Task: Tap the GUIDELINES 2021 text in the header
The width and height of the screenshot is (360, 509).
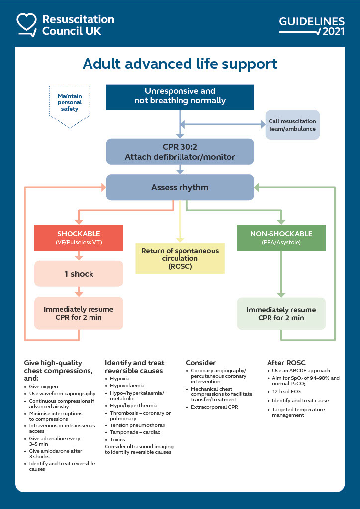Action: (x=312, y=26)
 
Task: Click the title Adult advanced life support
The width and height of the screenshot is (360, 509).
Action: (x=180, y=64)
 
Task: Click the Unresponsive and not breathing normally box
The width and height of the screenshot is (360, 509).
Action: (x=180, y=96)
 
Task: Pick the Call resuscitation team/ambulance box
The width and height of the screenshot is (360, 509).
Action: (x=292, y=125)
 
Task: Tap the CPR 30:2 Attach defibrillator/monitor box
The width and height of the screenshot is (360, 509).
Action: (x=180, y=151)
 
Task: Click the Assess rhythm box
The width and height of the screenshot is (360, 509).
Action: (x=180, y=188)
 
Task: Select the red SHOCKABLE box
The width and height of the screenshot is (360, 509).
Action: (x=79, y=237)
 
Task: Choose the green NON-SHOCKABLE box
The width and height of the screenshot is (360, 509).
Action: (x=281, y=237)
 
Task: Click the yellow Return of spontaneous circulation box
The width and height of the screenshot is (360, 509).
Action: (x=180, y=258)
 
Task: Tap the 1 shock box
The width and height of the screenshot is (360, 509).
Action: (x=79, y=274)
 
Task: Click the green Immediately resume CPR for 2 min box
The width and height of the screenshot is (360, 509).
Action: (x=281, y=314)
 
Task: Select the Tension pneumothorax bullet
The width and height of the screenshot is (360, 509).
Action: (x=137, y=425)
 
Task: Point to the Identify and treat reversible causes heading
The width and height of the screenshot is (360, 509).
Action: (x=134, y=367)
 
